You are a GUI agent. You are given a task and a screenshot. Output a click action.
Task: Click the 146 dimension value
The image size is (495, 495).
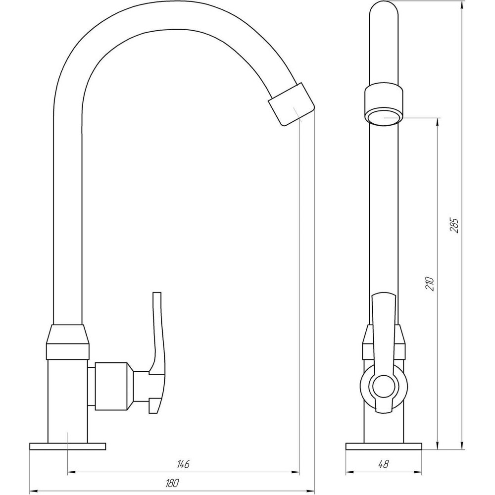pos(183,464)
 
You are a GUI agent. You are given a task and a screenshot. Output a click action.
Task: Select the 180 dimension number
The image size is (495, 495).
pos(172,482)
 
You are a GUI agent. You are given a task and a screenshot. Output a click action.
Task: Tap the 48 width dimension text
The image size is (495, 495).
pos(383,464)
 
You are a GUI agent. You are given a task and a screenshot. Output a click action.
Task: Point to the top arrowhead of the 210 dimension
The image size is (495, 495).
pos(438,121)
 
